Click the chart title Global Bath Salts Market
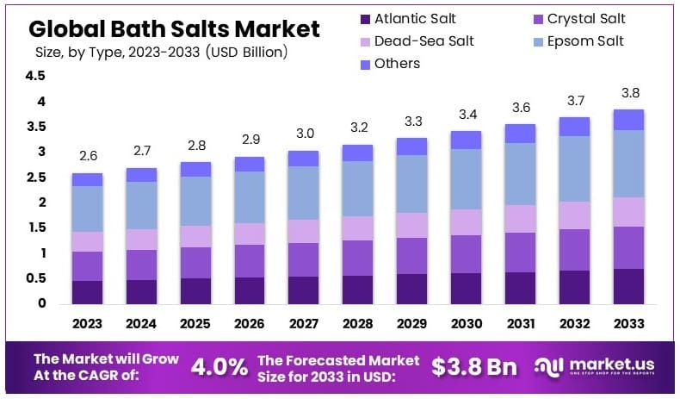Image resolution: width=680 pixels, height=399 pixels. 174,28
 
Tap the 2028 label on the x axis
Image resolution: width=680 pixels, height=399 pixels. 357,325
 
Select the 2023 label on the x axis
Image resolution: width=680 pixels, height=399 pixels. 88,325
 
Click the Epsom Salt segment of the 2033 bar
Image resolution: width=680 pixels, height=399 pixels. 627,164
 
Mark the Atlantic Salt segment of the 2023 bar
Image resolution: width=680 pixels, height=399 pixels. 88,292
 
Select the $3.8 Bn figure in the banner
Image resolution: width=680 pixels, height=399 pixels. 474,366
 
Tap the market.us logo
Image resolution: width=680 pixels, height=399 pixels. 599,366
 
